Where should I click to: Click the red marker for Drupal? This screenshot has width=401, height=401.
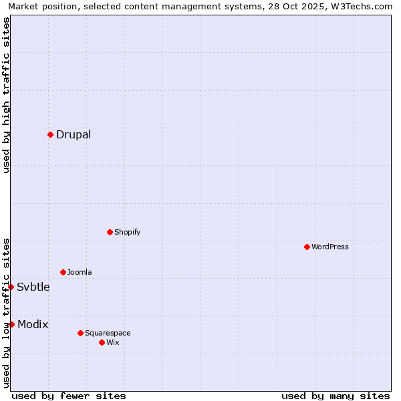(x=50, y=134)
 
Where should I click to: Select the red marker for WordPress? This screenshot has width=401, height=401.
(x=307, y=247)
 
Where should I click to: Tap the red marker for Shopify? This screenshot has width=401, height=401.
(x=110, y=232)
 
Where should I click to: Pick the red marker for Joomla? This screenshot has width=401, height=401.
(x=63, y=272)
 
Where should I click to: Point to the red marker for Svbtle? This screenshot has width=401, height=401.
(x=11, y=287)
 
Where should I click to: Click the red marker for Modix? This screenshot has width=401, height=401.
(x=11, y=324)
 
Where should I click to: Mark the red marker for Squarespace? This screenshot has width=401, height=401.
(x=80, y=333)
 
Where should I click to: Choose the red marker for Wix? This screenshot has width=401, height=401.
(x=102, y=342)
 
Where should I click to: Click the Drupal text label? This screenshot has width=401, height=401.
(x=74, y=134)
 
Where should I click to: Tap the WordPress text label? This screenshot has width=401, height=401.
(x=330, y=247)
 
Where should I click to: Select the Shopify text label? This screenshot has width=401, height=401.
(x=128, y=232)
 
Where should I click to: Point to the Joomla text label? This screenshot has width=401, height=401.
(x=80, y=272)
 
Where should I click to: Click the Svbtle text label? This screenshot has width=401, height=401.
(x=33, y=287)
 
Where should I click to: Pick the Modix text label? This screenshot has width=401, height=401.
(x=33, y=324)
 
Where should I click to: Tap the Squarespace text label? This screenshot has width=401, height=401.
(x=108, y=333)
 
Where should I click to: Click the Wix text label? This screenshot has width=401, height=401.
(x=113, y=342)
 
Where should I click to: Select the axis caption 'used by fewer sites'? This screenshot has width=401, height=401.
(x=69, y=396)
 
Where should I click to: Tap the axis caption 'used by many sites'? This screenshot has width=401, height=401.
(x=336, y=396)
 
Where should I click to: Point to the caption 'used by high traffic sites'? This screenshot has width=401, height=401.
(x=6, y=95)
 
